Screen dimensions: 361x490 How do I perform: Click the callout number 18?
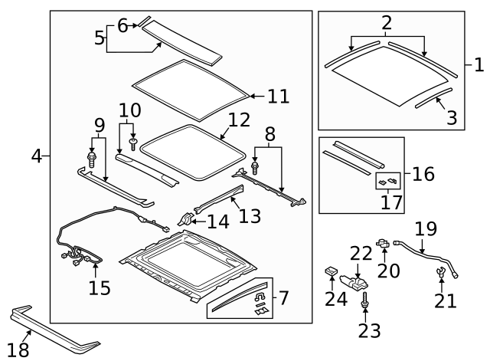pyautogui.click(x=18, y=350)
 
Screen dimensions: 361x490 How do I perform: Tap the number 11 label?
pyautogui.click(x=278, y=96)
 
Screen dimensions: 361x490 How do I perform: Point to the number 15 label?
pyautogui.click(x=100, y=287)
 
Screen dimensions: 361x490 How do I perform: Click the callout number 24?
pyautogui.click(x=335, y=297)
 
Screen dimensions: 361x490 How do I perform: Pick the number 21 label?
pyautogui.click(x=445, y=300)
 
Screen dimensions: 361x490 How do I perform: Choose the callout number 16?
pyautogui.click(x=423, y=174)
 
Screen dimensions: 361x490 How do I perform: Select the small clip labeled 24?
pyautogui.click(x=332, y=271)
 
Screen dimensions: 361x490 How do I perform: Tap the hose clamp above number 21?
pyautogui.click(x=442, y=272)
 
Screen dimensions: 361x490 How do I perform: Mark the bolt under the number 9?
pyautogui.click(x=93, y=159)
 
